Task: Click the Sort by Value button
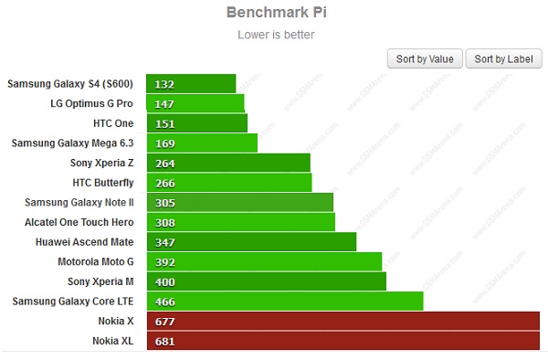point(425,58)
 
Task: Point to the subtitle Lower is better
point(275,35)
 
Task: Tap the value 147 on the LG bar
point(164,104)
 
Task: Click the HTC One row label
point(113,123)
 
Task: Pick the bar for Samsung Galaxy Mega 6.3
point(201,143)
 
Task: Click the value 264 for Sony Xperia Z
point(164,164)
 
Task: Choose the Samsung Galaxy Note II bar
point(238,203)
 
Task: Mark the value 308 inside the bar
point(164,222)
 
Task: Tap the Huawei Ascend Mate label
point(85,242)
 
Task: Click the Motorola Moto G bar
point(263,262)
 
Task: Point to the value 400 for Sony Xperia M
point(164,281)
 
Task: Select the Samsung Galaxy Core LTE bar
point(283,302)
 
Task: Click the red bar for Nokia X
point(342,322)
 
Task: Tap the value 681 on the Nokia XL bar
point(164,342)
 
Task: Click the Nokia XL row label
point(116,341)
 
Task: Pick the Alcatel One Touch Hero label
point(79,222)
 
